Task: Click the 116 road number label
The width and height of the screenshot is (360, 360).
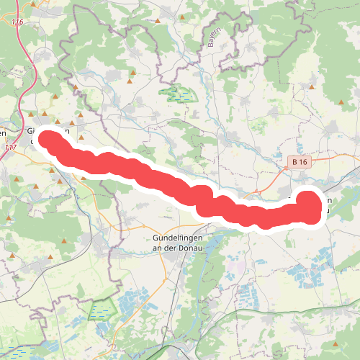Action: point(17,23)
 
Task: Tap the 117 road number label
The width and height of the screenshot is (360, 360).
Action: point(10,147)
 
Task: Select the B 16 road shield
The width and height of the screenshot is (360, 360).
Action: point(300,163)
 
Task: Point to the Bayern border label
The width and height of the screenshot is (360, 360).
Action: point(214,39)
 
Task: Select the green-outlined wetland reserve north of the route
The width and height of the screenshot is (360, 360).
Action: point(177,94)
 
